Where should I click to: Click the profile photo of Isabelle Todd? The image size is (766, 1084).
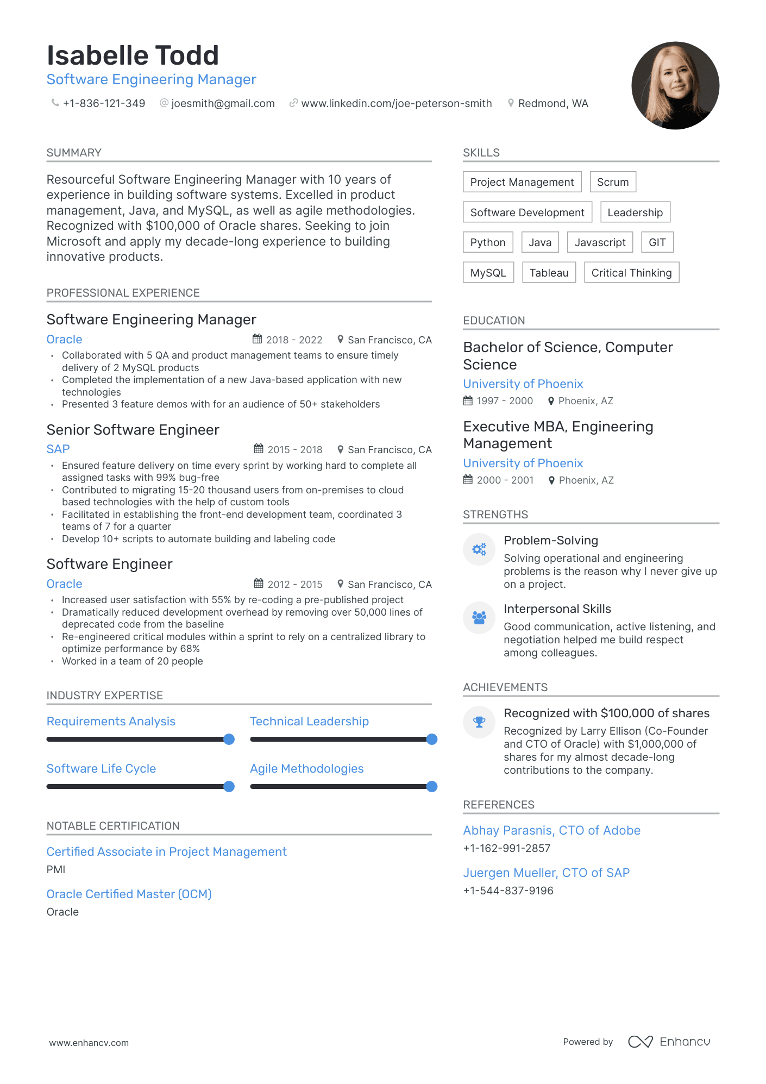click(x=675, y=86)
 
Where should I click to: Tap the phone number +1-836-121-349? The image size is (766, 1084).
click(x=104, y=103)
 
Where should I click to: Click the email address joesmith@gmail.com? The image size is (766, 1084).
click(x=223, y=103)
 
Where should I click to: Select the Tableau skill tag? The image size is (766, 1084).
click(x=549, y=273)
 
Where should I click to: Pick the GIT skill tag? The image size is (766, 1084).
click(x=657, y=242)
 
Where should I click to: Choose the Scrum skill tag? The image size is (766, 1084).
click(x=612, y=182)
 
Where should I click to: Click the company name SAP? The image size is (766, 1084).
click(x=58, y=449)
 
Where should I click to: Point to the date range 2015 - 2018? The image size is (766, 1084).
click(x=294, y=449)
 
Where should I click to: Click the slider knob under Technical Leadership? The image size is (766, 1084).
click(x=432, y=739)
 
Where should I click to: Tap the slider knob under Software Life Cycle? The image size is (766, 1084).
click(x=229, y=786)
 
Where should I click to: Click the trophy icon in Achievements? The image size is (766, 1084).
click(x=479, y=722)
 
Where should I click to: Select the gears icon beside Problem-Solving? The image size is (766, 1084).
click(x=479, y=549)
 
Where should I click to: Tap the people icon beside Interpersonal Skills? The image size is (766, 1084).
click(x=479, y=618)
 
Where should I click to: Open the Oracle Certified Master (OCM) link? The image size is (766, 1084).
click(x=129, y=894)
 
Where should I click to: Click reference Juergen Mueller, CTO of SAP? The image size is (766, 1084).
click(x=546, y=873)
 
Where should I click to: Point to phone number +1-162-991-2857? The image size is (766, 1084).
click(x=506, y=848)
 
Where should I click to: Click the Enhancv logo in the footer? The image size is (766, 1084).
click(x=669, y=1042)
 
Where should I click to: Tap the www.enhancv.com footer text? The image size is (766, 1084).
click(x=89, y=1043)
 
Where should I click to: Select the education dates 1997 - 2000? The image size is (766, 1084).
click(x=504, y=400)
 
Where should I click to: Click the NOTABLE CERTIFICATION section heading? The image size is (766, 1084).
click(x=113, y=826)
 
